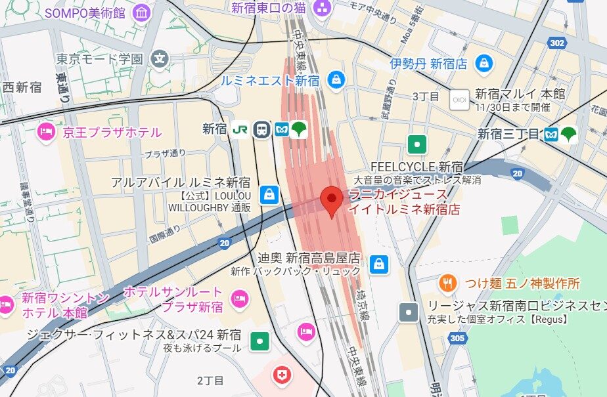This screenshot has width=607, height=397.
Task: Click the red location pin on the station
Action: point(332,199)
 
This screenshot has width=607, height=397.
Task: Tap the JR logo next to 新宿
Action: point(240,129)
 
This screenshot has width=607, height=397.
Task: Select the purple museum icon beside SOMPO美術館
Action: point(141,13)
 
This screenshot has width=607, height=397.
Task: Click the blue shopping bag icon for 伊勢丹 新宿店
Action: point(484,64)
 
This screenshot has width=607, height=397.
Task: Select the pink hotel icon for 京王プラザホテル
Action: point(46,133)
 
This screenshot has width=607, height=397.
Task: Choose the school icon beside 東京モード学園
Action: point(159,59)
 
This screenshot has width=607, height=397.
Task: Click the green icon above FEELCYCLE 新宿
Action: point(416,144)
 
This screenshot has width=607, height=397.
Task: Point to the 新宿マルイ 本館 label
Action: point(520,94)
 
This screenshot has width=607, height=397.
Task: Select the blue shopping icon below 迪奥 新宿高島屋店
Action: point(378,264)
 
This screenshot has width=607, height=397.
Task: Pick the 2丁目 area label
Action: point(211,381)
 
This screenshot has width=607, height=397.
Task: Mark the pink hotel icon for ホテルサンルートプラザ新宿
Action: point(239,299)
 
